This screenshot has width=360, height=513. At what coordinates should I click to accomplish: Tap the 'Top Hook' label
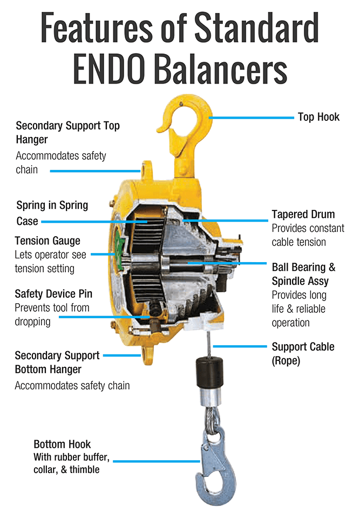click(x=318, y=117)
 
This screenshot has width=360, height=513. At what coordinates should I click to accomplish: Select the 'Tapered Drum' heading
click(x=303, y=214)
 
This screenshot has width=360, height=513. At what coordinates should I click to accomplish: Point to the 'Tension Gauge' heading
click(x=47, y=241)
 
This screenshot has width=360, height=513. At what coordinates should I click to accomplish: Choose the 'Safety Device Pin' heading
click(x=53, y=294)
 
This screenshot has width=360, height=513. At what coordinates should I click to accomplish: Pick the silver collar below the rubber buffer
click(x=210, y=396)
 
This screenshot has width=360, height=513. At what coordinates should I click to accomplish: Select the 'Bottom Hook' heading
click(x=62, y=444)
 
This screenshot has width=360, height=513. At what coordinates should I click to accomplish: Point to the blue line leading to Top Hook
click(x=252, y=118)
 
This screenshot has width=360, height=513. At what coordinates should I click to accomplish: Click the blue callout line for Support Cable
click(x=240, y=346)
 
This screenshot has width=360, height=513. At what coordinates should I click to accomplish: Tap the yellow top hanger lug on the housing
click(x=147, y=170)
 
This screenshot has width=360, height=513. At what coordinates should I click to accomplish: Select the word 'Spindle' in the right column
click(x=287, y=282)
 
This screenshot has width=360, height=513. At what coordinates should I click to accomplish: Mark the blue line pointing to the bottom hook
click(x=157, y=461)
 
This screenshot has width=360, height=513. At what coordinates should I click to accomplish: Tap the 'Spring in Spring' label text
click(x=52, y=206)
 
